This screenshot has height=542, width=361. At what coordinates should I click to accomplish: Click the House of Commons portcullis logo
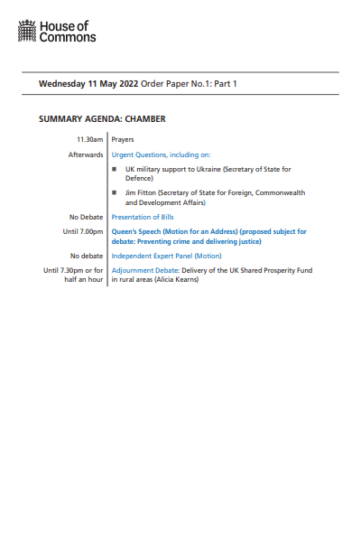[x=28, y=33]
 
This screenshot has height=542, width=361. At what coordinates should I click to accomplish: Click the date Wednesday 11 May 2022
[x=80, y=84]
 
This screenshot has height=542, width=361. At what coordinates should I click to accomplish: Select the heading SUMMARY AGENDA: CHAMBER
[x=102, y=119]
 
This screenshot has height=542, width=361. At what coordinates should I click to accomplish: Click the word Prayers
[x=122, y=140]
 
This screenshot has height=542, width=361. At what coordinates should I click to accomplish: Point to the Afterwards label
[x=86, y=154]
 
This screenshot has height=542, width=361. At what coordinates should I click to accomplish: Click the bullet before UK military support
[x=115, y=169]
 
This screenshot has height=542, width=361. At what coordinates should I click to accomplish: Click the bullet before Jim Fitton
[x=115, y=192]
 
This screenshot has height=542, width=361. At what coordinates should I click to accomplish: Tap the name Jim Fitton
[x=143, y=192]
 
